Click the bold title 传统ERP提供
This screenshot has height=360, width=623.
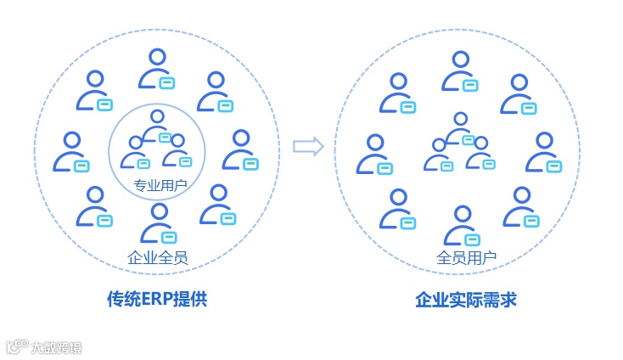[157, 300]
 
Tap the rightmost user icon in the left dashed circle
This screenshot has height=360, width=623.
[241, 150]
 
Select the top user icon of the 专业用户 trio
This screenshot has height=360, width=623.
[157, 126]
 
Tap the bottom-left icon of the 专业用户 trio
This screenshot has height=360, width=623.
[136, 153]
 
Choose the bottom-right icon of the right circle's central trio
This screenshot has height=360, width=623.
[482, 154]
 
